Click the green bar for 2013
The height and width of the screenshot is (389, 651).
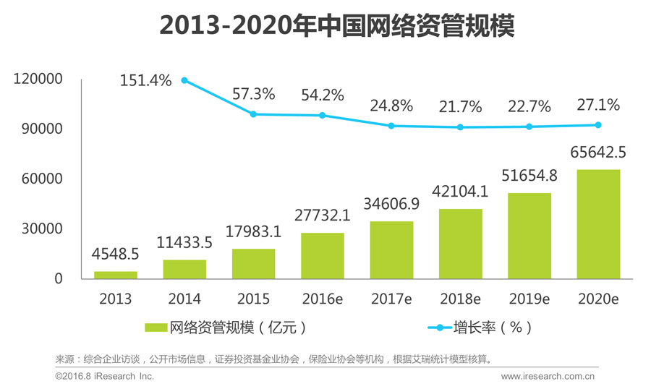pyautogui.click(x=116, y=275)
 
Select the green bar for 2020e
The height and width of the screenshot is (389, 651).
pyautogui.click(x=598, y=224)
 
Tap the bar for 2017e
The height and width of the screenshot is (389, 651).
pyautogui.click(x=391, y=250)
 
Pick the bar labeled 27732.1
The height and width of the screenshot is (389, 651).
pyautogui.click(x=323, y=256)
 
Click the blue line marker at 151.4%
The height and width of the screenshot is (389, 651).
pyautogui.click(x=184, y=80)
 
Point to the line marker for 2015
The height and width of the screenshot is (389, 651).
pyautogui.click(x=253, y=114)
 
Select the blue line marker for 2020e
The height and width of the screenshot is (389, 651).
pyautogui.click(x=598, y=125)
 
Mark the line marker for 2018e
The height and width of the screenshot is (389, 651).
pyautogui.click(x=460, y=127)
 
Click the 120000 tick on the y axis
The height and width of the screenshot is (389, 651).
pyautogui.click(x=38, y=80)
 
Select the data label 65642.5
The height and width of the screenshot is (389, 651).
pyautogui.click(x=598, y=153)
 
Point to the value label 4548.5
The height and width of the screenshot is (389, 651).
pyautogui.click(x=116, y=255)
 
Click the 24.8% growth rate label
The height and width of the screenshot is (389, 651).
pyautogui.click(x=391, y=106)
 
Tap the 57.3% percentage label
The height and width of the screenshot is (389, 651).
pyautogui.click(x=253, y=94)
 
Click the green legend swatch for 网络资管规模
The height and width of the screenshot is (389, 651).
pyautogui.click(x=156, y=328)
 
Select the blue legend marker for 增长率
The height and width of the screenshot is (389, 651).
pyautogui.click(x=439, y=328)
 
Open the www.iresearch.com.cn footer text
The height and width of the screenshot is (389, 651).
pyautogui.click(x=548, y=376)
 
